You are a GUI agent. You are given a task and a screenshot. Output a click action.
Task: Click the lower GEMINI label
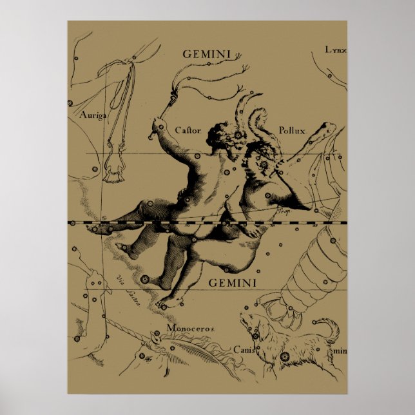233,282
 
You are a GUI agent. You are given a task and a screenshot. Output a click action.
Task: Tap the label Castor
188,130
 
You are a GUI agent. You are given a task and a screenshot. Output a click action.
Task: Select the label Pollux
292,130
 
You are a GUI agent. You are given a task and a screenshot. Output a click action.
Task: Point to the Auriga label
92,115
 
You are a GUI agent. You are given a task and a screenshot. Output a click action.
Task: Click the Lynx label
335,49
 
